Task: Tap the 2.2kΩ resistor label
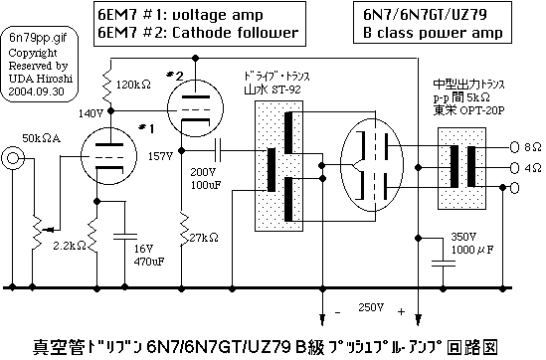pyautogui.click(x=69, y=244)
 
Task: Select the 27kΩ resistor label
pyautogui.click(x=205, y=238)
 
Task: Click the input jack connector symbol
pyautogui.click(x=15, y=158)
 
